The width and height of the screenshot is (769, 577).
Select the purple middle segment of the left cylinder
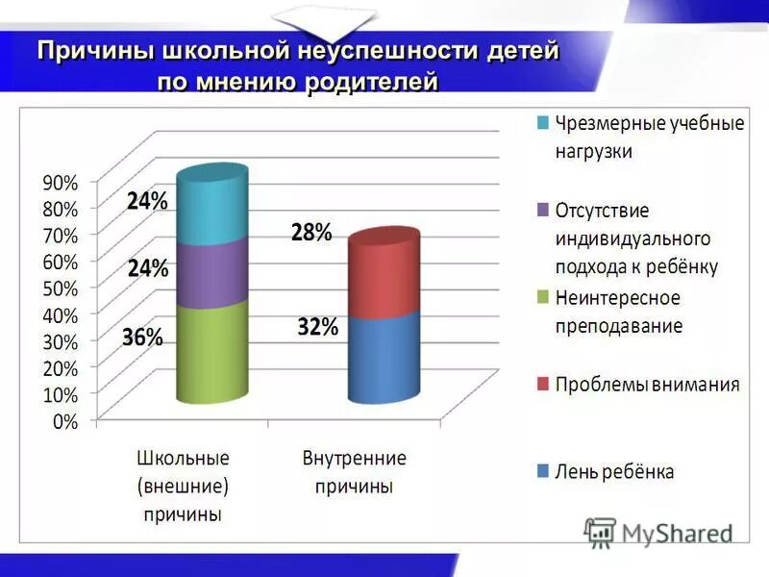[212, 277]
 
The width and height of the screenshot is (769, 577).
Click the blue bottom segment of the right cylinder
[384, 358]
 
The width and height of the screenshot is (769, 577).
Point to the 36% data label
[142, 338]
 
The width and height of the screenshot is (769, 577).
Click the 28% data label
[312, 232]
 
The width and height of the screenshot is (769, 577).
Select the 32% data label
[317, 327]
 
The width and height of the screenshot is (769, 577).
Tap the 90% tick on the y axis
[60, 182]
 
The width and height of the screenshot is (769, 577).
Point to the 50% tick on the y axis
[60, 288]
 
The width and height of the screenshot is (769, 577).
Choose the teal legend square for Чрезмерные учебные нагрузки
[543, 123]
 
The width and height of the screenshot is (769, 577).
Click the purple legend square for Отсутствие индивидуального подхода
[543, 210]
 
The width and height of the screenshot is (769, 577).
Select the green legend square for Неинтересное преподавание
[543, 297]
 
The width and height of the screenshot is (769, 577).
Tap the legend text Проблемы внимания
[647, 385]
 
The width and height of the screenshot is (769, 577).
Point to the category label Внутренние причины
[354, 471]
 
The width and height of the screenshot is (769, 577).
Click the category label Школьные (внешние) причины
[183, 485]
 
